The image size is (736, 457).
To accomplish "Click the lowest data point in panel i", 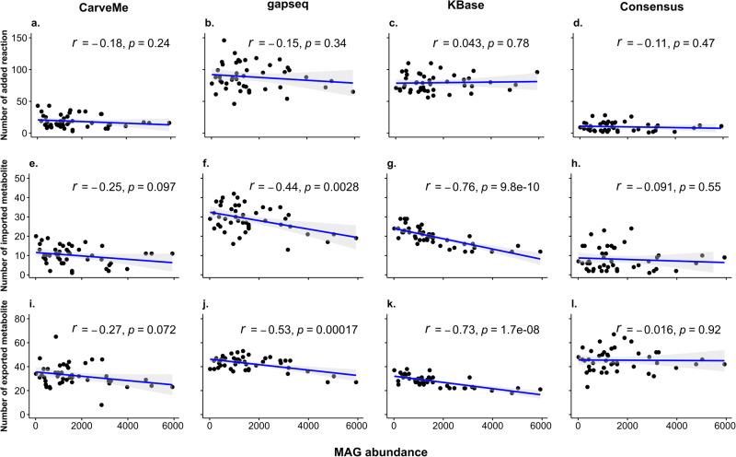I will point(101,404).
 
